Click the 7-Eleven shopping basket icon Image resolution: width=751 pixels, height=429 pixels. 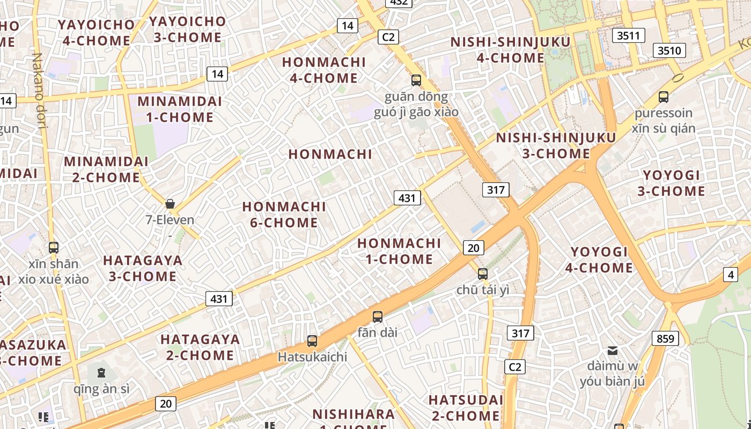click(x=170, y=204)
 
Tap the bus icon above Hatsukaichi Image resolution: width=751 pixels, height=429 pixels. click(x=312, y=341)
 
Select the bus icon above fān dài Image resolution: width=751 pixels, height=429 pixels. click(x=378, y=317)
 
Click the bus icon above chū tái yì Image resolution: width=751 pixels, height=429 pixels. click(x=483, y=274)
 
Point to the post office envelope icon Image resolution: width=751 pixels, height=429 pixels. click(x=612, y=351)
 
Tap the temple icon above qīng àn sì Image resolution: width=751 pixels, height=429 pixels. click(x=101, y=373)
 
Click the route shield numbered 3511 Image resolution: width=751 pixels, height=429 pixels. click(x=628, y=36)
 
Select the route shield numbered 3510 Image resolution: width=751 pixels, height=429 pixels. click(x=669, y=51)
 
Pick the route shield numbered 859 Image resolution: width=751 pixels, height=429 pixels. click(x=665, y=339)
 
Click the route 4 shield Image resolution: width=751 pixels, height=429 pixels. click(x=730, y=275)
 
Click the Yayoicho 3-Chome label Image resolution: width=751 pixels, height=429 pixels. click(x=188, y=29)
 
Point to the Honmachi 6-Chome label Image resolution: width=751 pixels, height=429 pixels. click(x=284, y=214)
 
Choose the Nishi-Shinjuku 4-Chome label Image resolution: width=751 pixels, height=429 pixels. click(x=510, y=50)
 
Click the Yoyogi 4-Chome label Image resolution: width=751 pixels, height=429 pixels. click(x=599, y=260)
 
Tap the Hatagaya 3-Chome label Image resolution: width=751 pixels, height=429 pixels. click(x=143, y=268)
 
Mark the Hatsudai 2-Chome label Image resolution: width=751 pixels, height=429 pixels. click(x=465, y=408)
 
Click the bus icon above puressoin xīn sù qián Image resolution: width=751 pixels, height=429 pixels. click(x=664, y=97)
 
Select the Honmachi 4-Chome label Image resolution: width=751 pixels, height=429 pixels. click(x=324, y=70)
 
